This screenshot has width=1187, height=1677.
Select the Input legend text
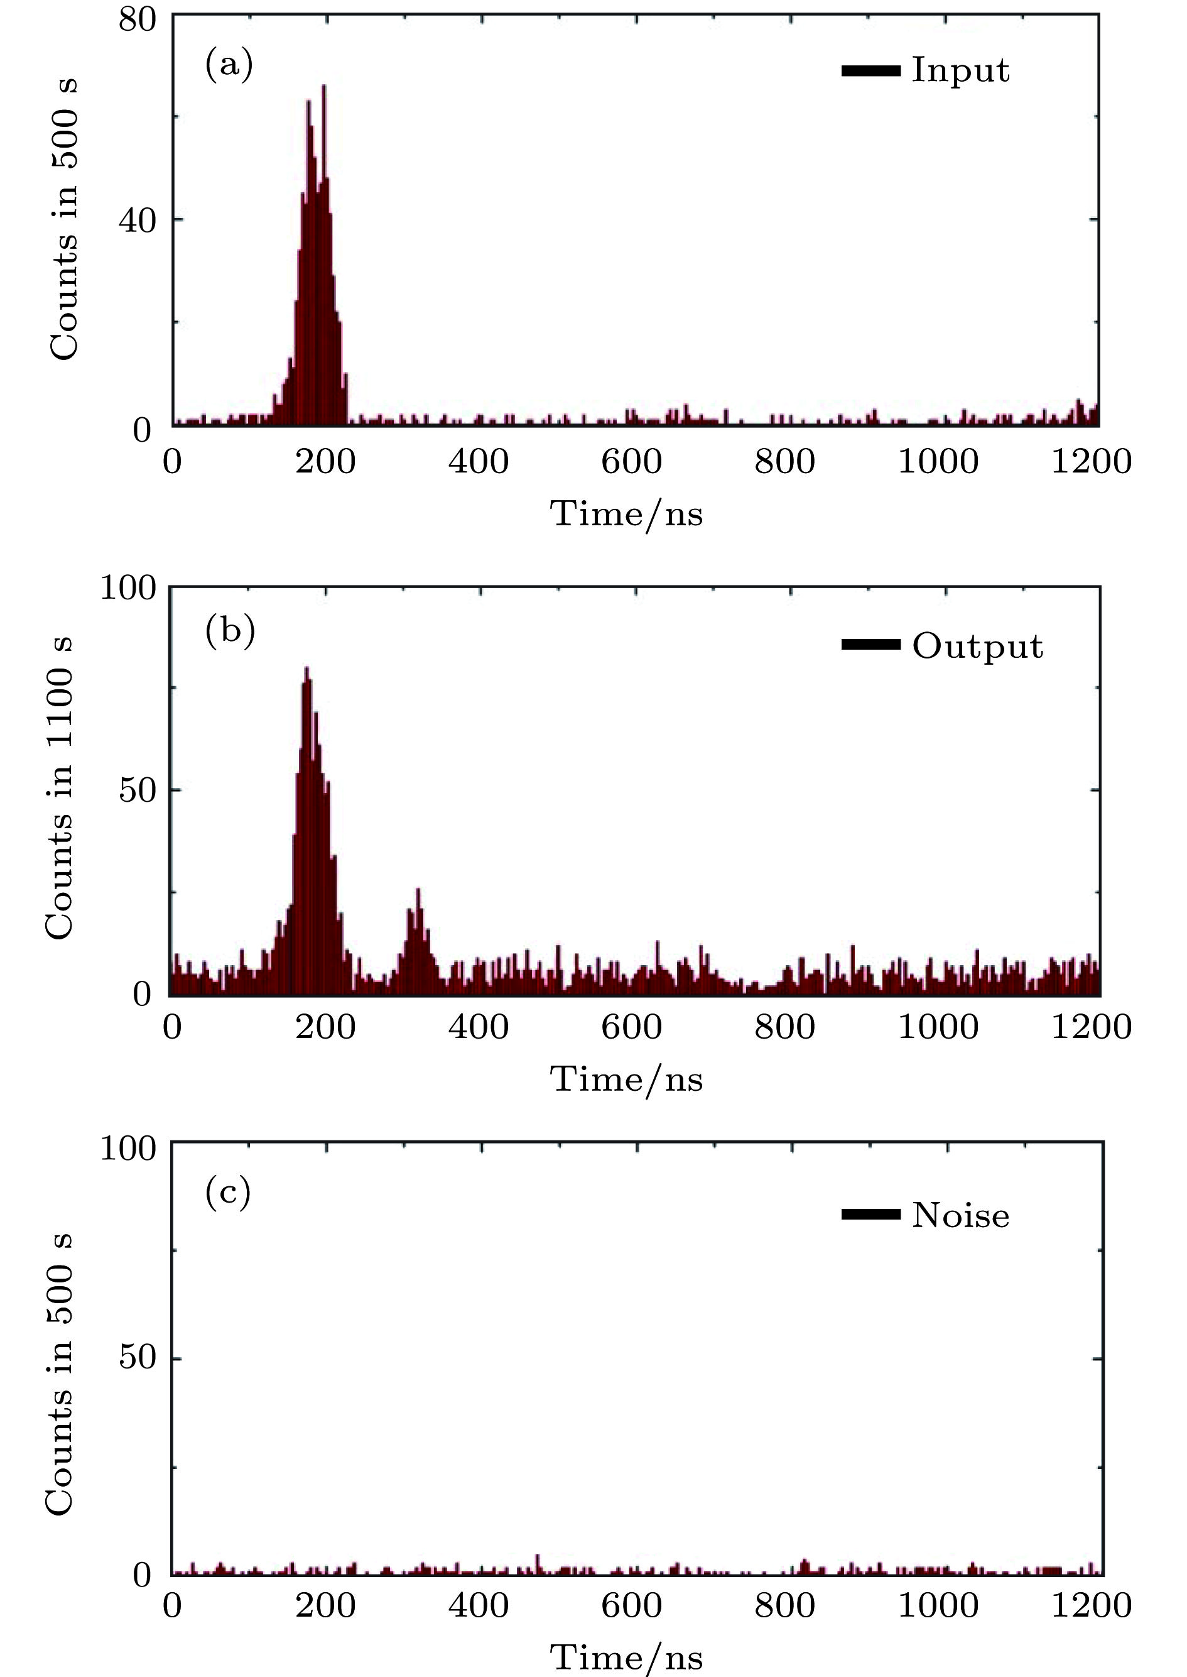[960, 71]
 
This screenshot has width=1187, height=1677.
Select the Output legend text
[977, 647]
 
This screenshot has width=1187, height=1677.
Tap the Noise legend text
[960, 1215]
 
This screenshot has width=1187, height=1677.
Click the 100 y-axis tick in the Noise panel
[129, 1149]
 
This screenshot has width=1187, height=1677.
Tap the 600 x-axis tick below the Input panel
[632, 462]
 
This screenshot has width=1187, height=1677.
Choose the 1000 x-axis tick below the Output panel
[938, 1027]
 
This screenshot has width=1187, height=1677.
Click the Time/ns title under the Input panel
[626, 513]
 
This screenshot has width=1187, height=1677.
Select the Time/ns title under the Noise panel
[626, 1656]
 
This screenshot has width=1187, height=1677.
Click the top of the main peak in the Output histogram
[307, 669]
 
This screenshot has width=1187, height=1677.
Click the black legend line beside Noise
[870, 1215]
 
